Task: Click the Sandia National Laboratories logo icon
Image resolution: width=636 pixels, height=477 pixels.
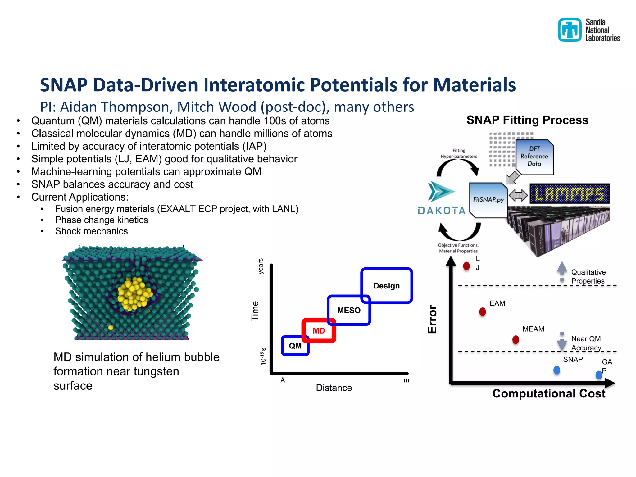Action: pos(570,30)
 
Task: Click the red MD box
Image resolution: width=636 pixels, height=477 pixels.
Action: pos(319,330)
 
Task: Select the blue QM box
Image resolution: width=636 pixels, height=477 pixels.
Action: pos(295,346)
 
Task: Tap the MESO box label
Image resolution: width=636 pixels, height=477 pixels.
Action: pos(349,310)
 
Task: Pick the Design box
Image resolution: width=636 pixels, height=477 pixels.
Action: pos(386,285)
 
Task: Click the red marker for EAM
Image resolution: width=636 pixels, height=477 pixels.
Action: pos(482,311)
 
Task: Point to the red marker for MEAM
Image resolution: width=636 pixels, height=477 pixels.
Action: pos(516,339)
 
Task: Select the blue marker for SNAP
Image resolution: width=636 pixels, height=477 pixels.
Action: pos(556,370)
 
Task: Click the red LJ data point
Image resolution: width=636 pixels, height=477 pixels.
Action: pos(466,266)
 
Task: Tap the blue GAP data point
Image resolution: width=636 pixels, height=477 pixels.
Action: pos(599,375)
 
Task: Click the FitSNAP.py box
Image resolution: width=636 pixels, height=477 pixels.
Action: pos(488,200)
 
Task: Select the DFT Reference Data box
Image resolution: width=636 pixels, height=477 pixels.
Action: pos(534,157)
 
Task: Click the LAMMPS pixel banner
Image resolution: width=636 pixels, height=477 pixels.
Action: pos(569,194)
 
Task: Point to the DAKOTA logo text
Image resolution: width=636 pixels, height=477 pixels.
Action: pos(441,211)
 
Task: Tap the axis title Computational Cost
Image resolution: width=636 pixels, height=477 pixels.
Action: pos(548,393)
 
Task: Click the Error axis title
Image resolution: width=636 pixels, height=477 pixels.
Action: pos(432,319)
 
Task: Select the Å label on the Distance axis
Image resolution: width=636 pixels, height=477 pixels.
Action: pos(283,380)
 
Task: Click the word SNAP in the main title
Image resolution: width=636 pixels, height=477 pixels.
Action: pos(64,85)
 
